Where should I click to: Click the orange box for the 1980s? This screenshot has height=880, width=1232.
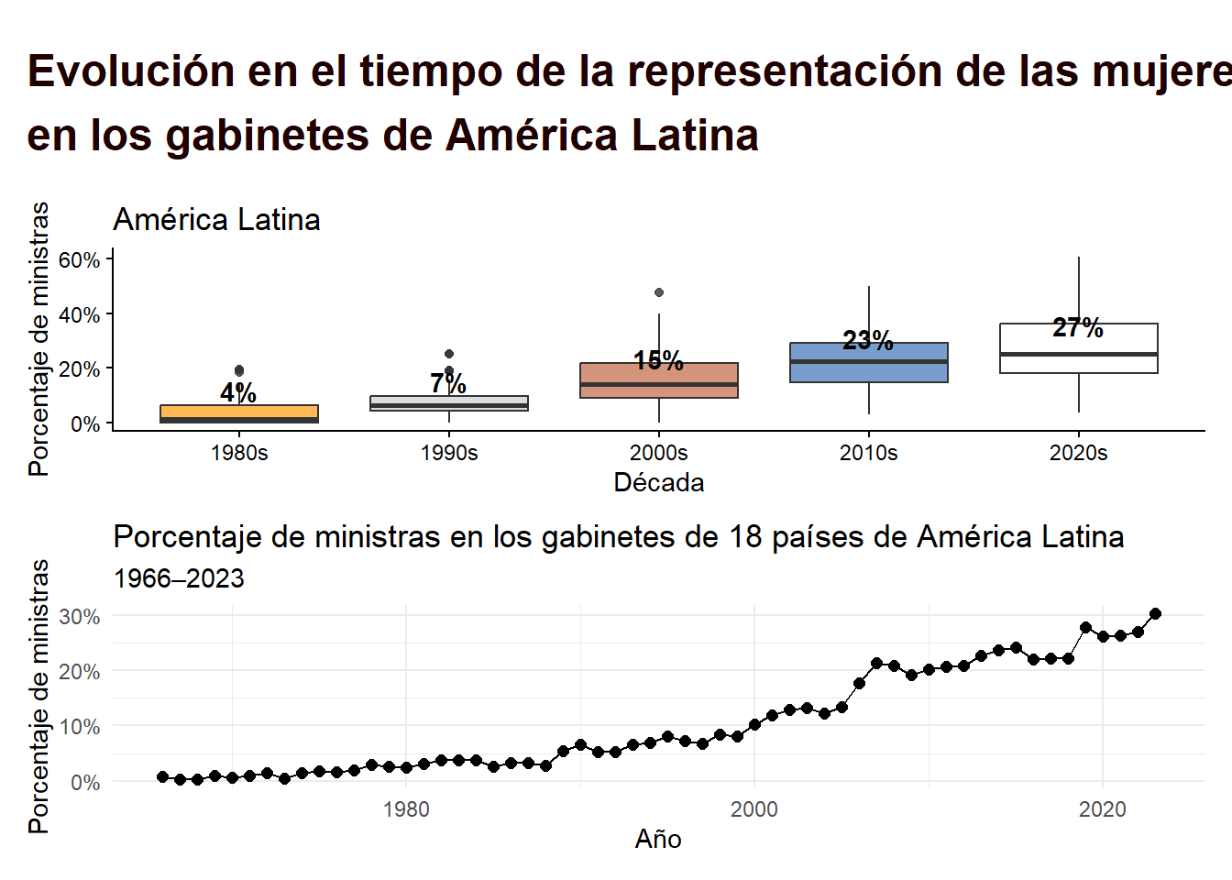coord(239,413)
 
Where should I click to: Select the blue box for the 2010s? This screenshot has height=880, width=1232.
coord(868,363)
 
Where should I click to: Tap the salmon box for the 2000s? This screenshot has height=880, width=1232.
coord(658,380)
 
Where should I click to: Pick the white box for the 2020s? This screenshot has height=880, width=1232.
coord(1078,348)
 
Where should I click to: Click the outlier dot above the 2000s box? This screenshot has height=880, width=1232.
coord(659,292)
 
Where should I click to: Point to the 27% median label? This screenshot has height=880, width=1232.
coord(1078,327)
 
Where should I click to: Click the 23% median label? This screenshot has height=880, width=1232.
coord(868,340)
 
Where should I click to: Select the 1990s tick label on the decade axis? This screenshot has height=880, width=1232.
coord(449,453)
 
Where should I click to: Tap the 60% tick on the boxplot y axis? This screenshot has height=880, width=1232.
coord(80,259)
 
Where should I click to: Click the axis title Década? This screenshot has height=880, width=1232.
coord(658,483)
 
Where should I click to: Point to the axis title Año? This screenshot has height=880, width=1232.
coord(658,839)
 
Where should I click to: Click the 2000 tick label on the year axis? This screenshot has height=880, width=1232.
coord(753,809)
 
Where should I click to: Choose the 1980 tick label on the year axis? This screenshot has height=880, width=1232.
coord(406,809)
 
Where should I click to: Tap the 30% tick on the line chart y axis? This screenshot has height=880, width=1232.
coord(80,617)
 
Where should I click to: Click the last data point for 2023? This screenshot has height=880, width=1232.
coord(1155,614)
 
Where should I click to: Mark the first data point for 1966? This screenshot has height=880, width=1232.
coord(163,776)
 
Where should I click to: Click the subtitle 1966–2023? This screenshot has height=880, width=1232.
coord(179,578)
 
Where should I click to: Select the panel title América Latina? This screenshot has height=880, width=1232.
coord(216,220)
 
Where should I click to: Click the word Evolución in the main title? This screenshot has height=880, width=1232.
coord(131,71)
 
